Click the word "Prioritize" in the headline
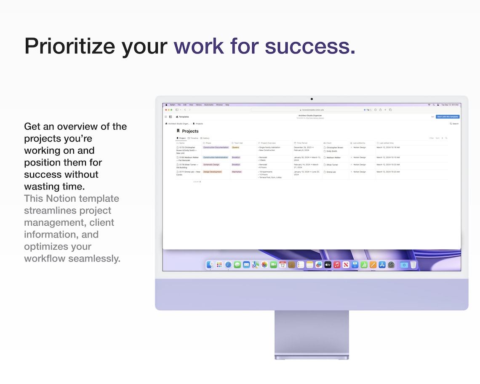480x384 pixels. click(69, 46)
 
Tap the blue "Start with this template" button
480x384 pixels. click(447, 117)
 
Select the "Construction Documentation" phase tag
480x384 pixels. click(216, 147)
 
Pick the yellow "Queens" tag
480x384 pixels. click(235, 147)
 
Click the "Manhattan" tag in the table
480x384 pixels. click(237, 172)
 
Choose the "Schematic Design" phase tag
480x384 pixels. click(211, 165)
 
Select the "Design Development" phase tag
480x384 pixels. click(213, 172)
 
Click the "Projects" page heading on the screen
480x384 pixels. click(190, 131)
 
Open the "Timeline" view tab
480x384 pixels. click(193, 138)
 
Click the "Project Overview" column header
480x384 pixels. click(267, 143)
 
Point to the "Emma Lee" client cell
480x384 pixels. click(331, 172)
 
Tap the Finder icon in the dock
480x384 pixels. click(210, 265)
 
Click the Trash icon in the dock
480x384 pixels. click(413, 265)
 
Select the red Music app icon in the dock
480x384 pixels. click(337, 265)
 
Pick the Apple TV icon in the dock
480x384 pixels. click(328, 265)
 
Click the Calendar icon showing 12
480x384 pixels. click(283, 265)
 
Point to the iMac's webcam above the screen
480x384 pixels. click(312, 99)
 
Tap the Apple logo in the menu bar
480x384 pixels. click(166, 105)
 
